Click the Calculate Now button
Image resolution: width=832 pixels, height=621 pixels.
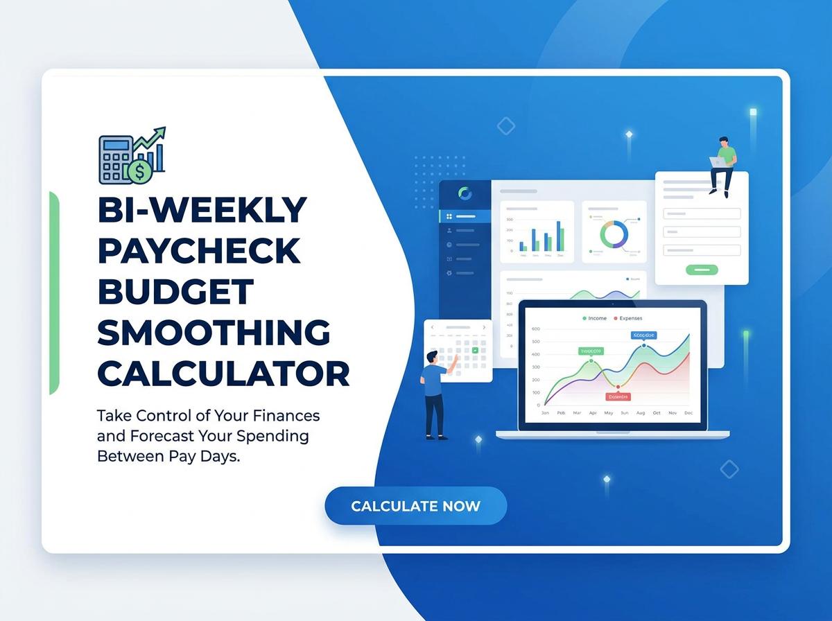415,506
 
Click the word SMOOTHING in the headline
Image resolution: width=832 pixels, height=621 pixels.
214,333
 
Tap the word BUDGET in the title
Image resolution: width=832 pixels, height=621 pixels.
175,292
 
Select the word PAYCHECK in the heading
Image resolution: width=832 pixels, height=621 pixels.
200,250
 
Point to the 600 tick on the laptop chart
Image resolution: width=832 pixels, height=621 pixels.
535,329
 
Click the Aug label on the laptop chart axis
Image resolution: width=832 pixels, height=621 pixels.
640,413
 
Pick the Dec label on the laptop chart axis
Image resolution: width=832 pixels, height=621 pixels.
688,413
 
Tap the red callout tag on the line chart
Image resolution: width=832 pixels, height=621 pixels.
617,397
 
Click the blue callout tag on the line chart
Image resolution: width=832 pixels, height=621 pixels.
643,335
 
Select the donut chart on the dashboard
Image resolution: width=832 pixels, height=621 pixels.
614,234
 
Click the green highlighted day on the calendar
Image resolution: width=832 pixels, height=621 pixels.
475,350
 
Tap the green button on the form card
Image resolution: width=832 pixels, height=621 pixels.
702,270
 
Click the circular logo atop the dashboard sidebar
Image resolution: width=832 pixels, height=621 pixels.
465,193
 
